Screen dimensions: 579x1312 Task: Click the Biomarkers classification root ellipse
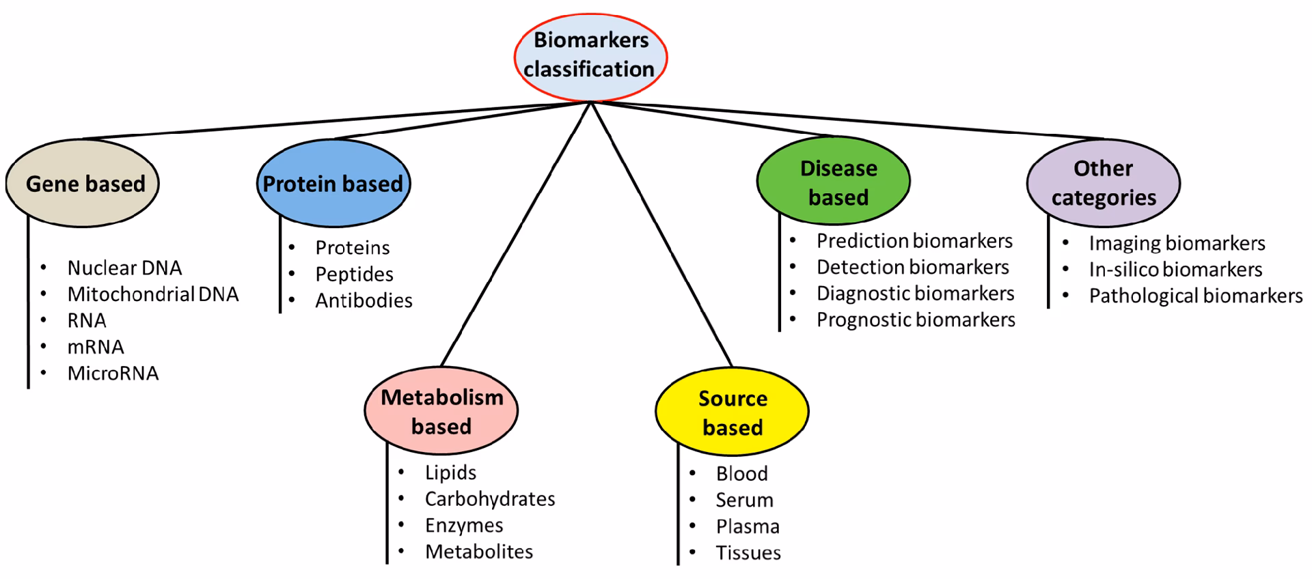tap(590, 55)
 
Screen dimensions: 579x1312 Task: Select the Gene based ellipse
tap(83, 184)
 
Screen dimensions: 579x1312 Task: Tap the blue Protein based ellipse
tap(333, 184)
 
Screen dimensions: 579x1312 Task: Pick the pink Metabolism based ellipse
tap(441, 412)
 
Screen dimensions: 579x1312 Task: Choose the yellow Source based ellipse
tap(732, 412)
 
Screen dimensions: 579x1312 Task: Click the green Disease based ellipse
tap(834, 182)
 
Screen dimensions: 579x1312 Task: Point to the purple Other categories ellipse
tap(1103, 183)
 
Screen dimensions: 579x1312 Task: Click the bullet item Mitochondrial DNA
tap(153, 294)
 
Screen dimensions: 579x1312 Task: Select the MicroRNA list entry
tap(113, 373)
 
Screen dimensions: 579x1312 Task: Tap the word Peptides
tap(354, 274)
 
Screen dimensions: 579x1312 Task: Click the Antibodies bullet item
tap(364, 300)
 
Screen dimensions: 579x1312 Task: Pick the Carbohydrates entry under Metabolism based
tap(490, 499)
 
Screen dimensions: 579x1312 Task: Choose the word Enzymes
tap(464, 526)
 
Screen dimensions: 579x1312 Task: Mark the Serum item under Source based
tap(744, 500)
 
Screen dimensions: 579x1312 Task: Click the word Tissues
tap(748, 553)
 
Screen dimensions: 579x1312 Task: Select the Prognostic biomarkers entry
tap(916, 320)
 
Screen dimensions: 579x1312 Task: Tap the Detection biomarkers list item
tap(912, 268)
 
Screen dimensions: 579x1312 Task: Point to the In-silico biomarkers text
tap(1175, 270)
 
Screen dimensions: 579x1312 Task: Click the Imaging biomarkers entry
tap(1177, 244)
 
